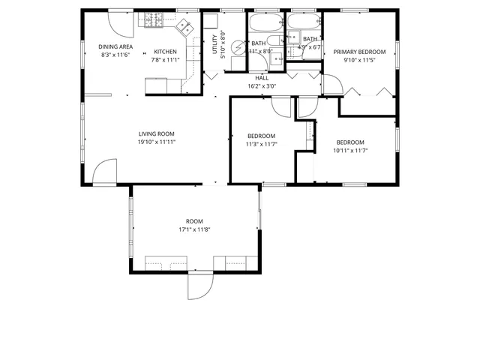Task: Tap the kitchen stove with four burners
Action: coord(154,20)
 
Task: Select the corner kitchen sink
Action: coord(184,28)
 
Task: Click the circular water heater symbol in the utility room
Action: coord(239,48)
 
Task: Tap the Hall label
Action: coord(262,77)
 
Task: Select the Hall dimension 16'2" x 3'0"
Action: coord(262,86)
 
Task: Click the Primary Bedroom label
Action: coord(359,52)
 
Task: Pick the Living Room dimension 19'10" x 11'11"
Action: coord(156,142)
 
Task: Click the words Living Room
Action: coord(156,133)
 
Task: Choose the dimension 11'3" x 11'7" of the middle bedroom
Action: coord(262,144)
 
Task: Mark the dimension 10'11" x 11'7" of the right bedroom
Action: coord(349,151)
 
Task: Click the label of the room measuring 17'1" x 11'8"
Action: coord(194,220)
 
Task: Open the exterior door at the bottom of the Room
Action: coord(200,285)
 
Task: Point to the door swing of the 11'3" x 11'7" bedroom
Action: coord(281,106)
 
